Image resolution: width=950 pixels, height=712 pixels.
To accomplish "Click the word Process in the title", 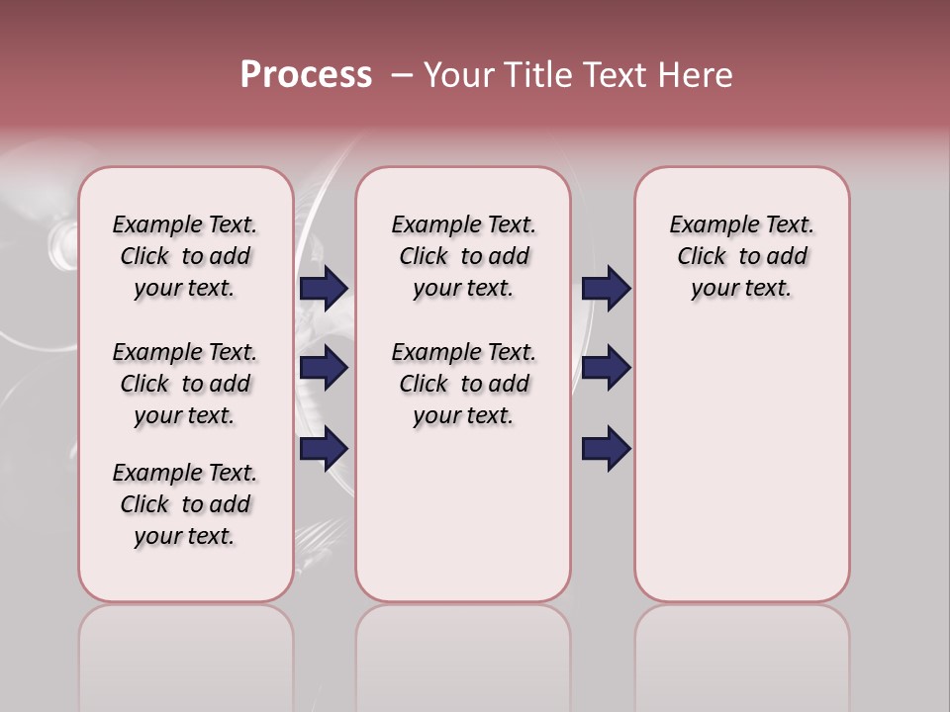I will tap(306, 75).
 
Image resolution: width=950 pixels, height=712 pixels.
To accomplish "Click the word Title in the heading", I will tap(535, 75).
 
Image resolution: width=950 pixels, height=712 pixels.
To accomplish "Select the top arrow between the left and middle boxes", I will tap(324, 288).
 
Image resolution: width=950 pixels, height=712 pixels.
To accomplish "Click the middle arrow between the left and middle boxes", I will tap(324, 368).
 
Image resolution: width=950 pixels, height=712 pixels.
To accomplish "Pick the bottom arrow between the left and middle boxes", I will tap(324, 448).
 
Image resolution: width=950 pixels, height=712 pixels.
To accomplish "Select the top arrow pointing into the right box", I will tap(606, 288).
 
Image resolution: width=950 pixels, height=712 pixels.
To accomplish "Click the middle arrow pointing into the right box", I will tap(606, 368).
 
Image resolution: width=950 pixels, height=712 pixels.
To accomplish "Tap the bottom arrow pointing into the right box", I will tap(606, 448).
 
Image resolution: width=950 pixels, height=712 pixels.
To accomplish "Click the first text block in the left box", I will tap(185, 256).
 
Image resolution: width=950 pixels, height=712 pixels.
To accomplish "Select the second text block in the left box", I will tap(185, 384).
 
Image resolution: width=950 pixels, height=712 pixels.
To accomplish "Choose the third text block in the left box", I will tap(185, 504).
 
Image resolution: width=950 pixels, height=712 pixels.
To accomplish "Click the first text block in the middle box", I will tap(463, 256).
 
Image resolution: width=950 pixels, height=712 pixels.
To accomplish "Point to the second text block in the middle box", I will tap(463, 384).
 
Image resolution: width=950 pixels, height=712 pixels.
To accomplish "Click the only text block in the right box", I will tap(741, 256).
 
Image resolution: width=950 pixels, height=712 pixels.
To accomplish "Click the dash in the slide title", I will tap(401, 75).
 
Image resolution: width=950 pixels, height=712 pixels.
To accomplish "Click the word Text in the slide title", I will tap(610, 75).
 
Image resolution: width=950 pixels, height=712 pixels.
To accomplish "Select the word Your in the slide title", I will tap(458, 75).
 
